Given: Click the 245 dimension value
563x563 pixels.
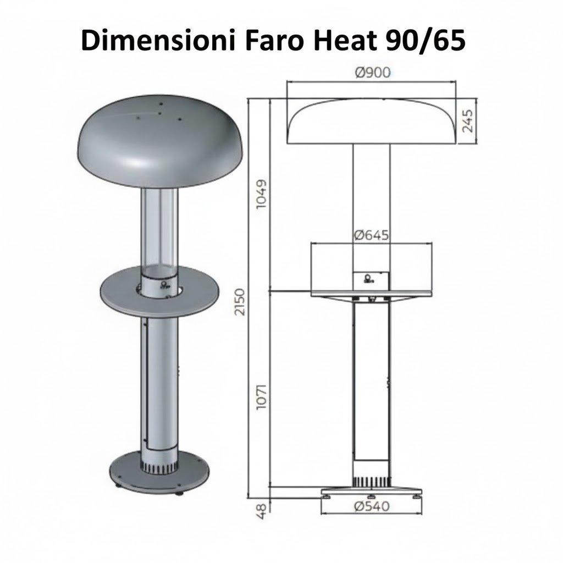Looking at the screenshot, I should tap(468, 121).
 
